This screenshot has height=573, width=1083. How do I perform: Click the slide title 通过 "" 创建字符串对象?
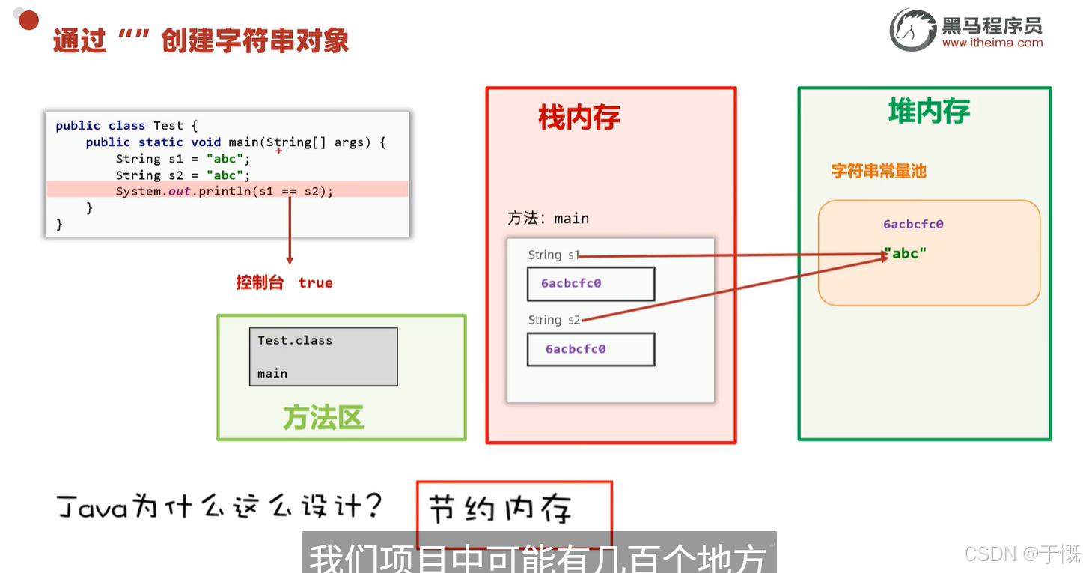tap(201, 41)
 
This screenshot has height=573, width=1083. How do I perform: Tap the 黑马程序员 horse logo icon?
tap(912, 31)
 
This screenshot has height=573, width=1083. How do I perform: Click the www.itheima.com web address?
tap(992, 43)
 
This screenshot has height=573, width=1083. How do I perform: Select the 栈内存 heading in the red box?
tap(579, 118)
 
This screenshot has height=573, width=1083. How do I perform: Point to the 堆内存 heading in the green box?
tap(929, 112)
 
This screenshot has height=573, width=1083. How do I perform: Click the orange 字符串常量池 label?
tap(879, 171)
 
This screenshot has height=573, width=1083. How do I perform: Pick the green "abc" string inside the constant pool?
tap(905, 253)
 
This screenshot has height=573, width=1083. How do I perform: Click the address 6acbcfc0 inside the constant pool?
tap(913, 224)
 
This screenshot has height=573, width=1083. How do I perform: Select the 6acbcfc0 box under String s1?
tap(591, 284)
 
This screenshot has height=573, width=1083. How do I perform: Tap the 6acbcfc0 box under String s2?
tap(591, 349)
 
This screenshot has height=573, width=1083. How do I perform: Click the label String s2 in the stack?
tap(554, 320)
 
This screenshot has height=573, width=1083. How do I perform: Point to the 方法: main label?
tap(549, 219)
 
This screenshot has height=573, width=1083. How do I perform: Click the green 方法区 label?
tap(323, 418)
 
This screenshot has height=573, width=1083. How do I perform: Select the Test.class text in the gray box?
tap(295, 340)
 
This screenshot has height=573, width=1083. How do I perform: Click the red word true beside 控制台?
tap(315, 282)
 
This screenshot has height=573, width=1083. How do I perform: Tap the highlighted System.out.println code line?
tap(224, 191)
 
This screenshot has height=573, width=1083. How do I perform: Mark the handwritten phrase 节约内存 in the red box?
tap(501, 509)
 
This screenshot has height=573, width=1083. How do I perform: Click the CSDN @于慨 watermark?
tap(1022, 554)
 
